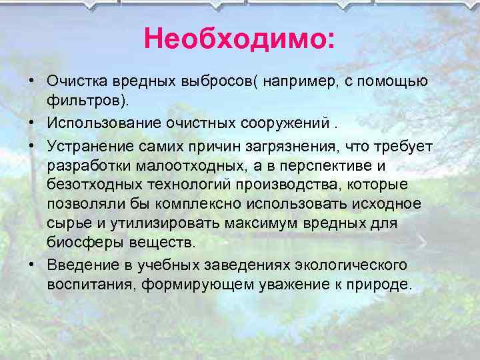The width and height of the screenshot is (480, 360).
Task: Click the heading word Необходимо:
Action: (239, 39)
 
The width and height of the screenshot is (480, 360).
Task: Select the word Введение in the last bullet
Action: (78, 265)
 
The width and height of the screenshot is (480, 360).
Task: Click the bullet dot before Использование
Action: (31, 125)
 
